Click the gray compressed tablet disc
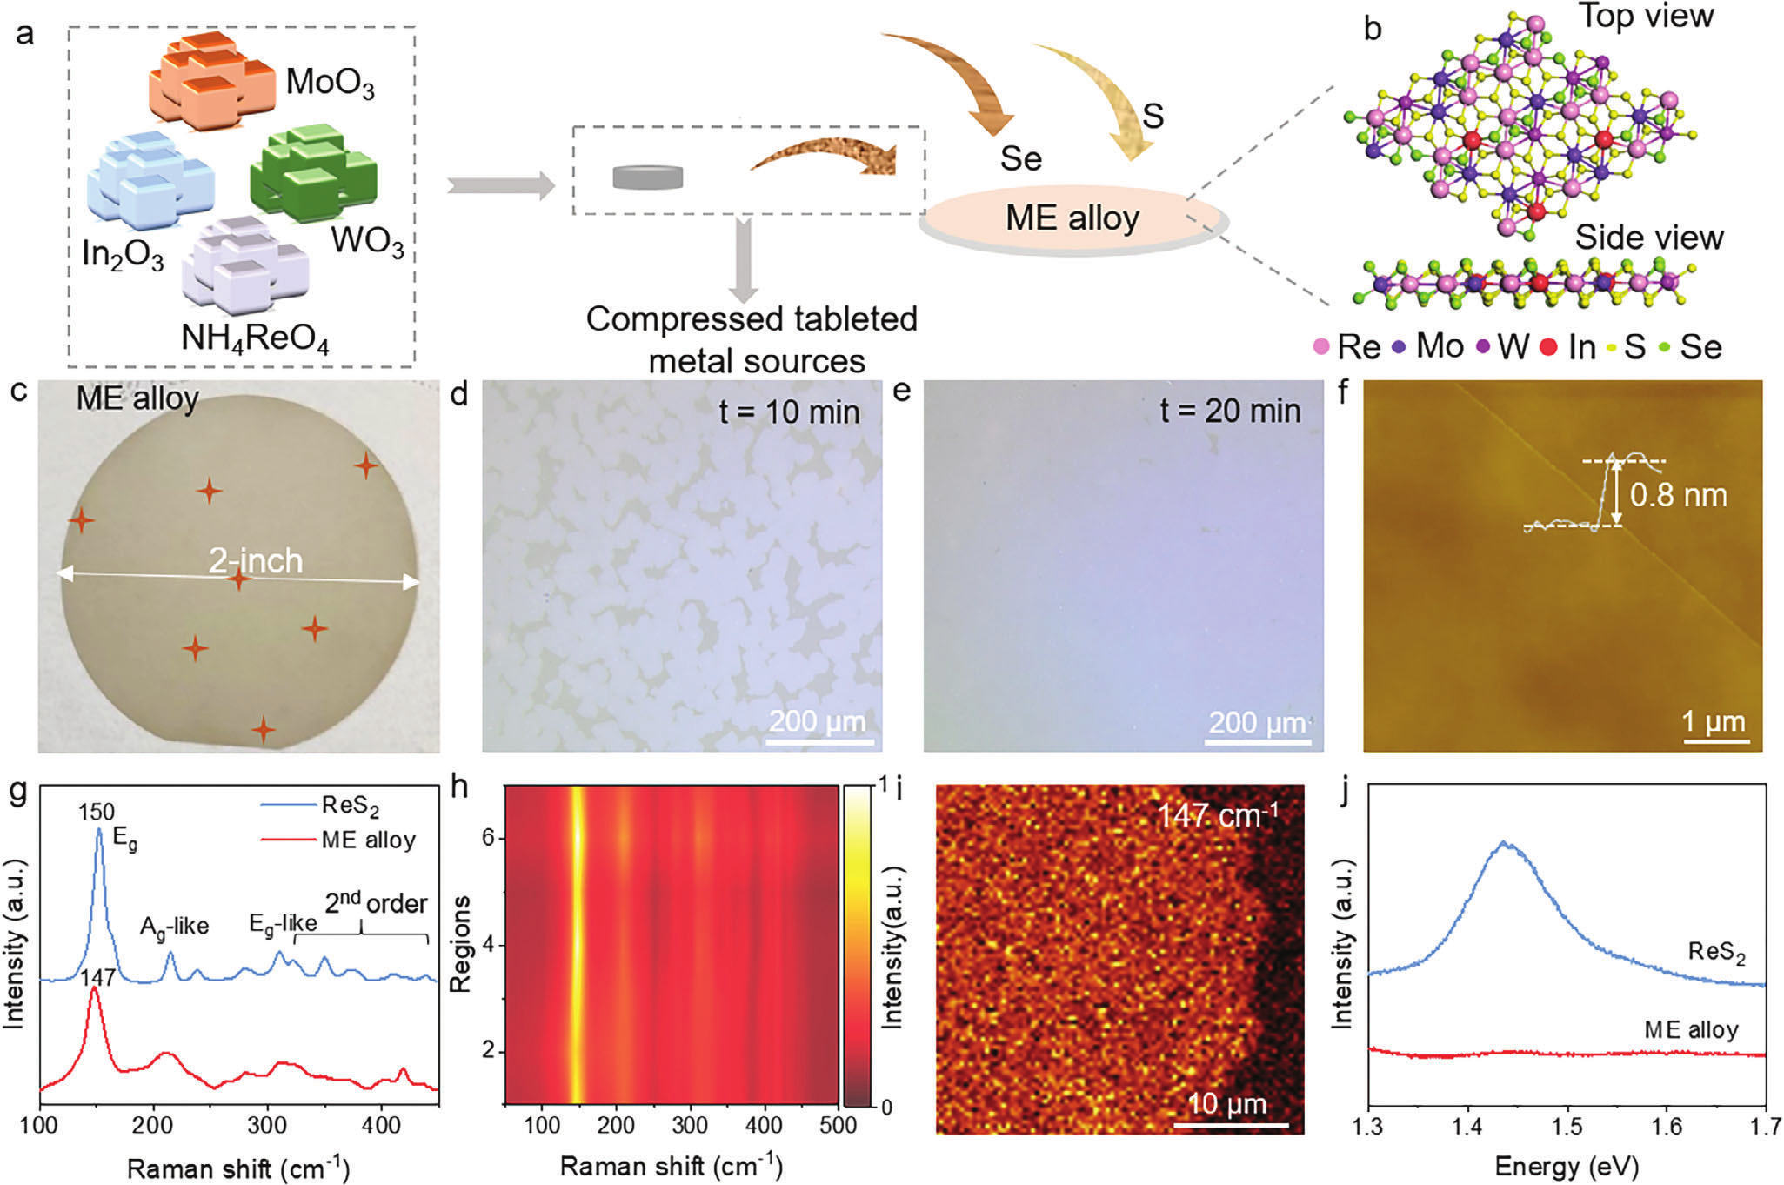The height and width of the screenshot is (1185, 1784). (647, 177)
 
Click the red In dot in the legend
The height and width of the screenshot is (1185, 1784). (1548, 347)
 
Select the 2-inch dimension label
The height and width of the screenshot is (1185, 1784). (256, 561)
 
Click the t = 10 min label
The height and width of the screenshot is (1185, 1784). (789, 411)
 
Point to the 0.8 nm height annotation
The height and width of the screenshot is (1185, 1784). (1678, 495)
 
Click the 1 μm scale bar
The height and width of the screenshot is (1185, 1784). (1714, 740)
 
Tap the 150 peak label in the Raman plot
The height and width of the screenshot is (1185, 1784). (97, 812)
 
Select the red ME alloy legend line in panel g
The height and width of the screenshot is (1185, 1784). (287, 840)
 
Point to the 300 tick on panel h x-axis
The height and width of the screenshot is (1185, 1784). (690, 1126)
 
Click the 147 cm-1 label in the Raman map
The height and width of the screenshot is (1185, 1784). (1218, 816)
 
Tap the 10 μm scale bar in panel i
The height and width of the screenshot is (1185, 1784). (1230, 1124)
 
